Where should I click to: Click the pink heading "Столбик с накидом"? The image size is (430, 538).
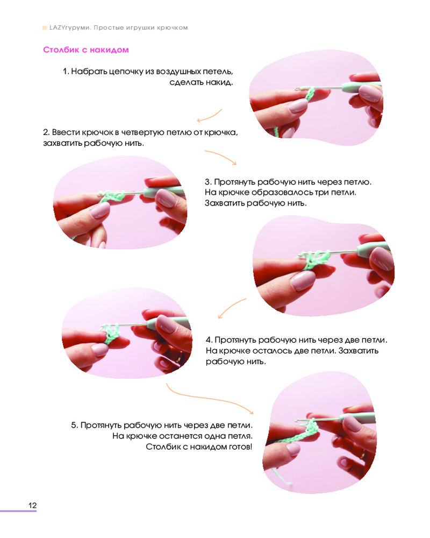coord(86,49)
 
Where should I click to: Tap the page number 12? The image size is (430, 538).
coord(33,505)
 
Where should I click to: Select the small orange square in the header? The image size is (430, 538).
coord(45,28)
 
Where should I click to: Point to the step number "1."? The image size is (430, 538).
coord(66,72)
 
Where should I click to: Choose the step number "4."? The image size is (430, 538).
coord(209,340)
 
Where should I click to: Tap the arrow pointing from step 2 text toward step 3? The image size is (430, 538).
coord(221,155)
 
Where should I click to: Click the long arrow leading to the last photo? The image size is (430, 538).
coord(206,398)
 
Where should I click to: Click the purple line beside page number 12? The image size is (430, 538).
coord(18,511)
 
